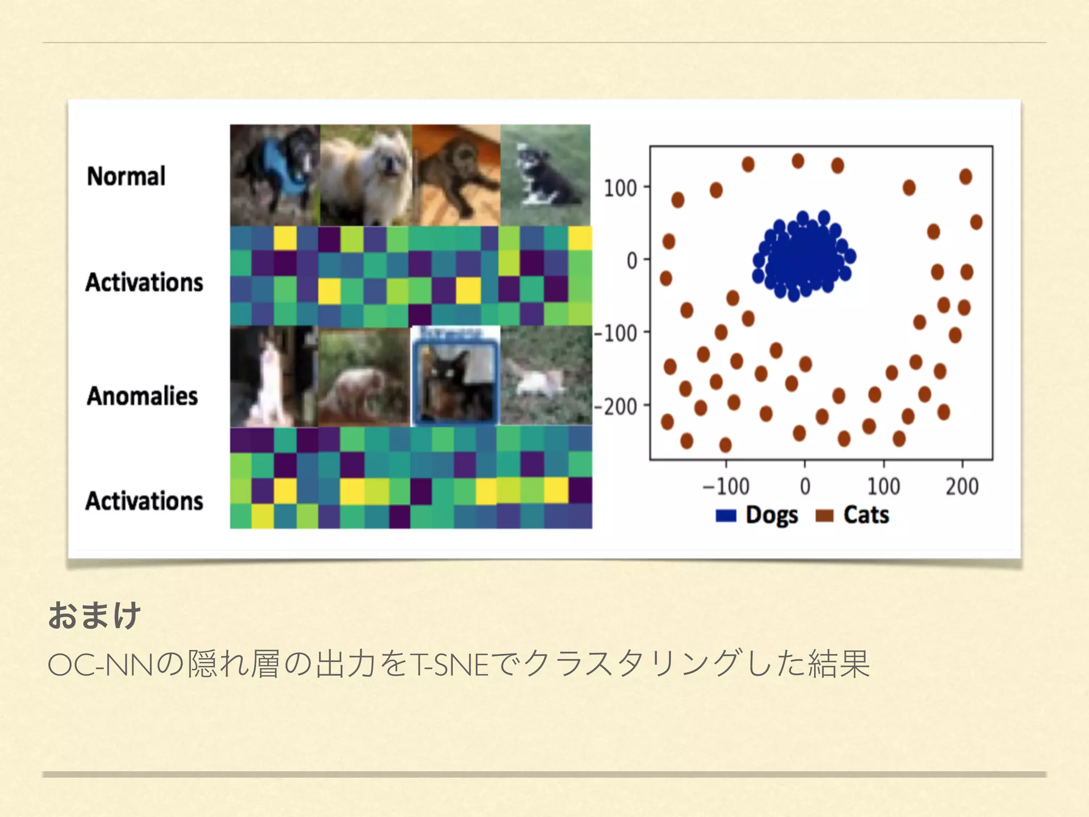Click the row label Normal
[x=126, y=177]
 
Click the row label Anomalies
[x=142, y=396]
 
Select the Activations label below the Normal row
[x=144, y=282]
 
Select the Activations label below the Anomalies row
[x=144, y=501]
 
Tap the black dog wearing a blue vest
[x=275, y=174]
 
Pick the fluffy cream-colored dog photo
[x=366, y=174]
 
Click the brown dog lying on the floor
[x=456, y=174]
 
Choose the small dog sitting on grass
[x=546, y=174]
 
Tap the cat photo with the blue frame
[x=456, y=377]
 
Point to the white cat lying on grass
[x=546, y=377]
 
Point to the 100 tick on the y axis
[x=620, y=188]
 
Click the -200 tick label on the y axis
[x=615, y=407]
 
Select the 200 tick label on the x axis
[x=962, y=486]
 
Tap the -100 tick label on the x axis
[x=726, y=486]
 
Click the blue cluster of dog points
[x=803, y=256]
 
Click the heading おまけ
[x=94, y=615]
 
